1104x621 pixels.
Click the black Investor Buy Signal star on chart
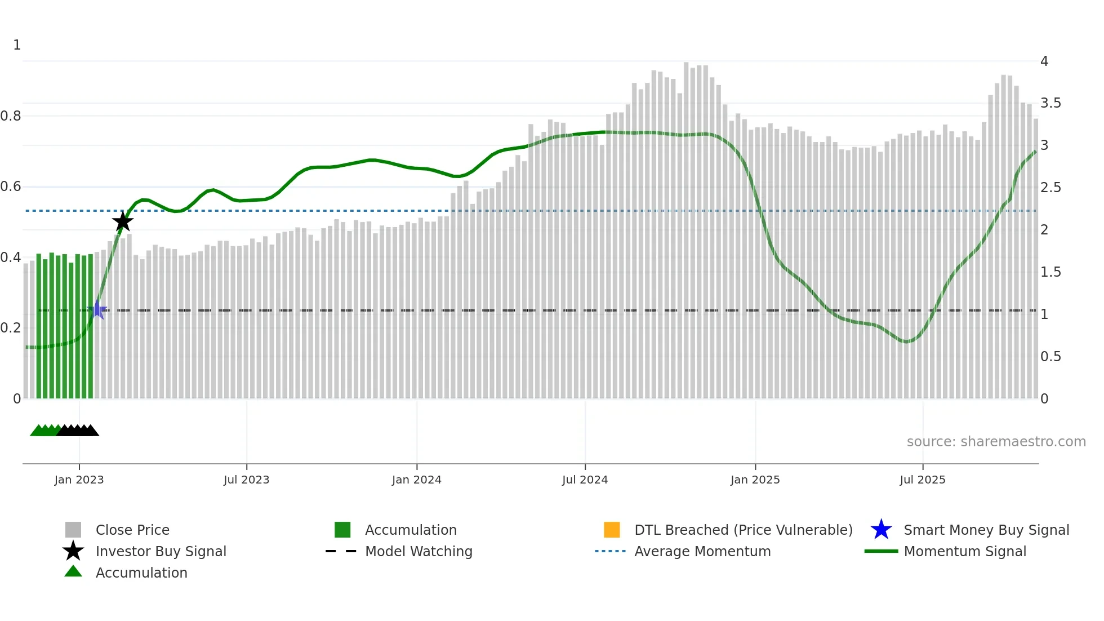click(123, 221)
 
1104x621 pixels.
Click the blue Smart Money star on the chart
click(98, 310)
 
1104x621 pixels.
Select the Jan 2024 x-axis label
click(416, 480)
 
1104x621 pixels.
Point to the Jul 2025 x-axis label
click(922, 480)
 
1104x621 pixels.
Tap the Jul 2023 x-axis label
click(246, 480)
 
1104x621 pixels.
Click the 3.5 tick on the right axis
click(1050, 103)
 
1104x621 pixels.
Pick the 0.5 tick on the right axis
click(1050, 357)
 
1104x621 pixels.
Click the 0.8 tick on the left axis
click(11, 116)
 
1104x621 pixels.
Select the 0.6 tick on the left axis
click(11, 187)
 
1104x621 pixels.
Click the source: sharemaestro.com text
click(996, 442)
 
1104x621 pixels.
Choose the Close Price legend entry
click(132, 530)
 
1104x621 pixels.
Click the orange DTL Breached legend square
click(612, 530)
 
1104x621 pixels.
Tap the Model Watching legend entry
click(419, 551)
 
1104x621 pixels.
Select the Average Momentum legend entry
click(702, 551)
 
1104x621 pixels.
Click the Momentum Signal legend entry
click(965, 551)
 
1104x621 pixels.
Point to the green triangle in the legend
click(73, 571)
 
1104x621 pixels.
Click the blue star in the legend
click(881, 530)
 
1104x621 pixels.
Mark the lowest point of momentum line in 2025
click(906, 341)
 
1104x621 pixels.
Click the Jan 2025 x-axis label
click(755, 480)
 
